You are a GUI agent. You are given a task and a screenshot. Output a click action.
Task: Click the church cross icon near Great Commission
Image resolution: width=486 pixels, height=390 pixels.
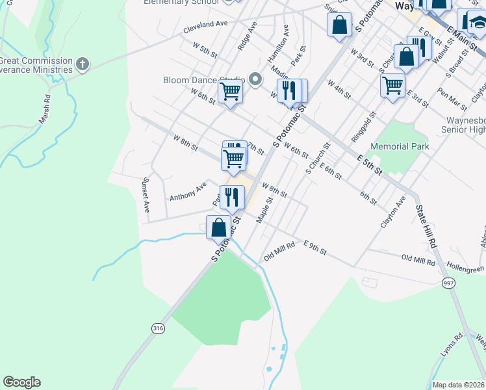[x=82, y=64]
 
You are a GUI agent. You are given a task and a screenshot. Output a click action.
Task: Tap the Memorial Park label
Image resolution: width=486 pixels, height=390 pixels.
[x=400, y=146]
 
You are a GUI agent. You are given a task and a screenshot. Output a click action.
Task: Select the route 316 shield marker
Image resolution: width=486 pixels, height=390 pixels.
[x=158, y=329]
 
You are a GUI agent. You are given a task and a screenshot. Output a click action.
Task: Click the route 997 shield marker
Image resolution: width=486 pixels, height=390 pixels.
[x=448, y=283]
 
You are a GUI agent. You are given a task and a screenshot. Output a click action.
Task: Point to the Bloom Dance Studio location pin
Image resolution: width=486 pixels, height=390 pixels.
[x=255, y=80]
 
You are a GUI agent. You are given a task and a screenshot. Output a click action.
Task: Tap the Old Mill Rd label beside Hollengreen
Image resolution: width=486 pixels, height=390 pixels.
[x=418, y=260]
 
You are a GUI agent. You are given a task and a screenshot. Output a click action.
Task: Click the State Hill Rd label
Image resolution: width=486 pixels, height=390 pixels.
[x=426, y=227]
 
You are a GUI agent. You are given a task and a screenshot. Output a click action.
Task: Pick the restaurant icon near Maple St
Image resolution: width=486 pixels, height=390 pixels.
[x=232, y=196]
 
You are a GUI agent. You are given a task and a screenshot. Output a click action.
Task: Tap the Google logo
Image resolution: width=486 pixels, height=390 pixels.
[x=21, y=382]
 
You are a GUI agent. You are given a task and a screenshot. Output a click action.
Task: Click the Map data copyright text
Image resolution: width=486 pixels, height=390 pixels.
[x=458, y=385]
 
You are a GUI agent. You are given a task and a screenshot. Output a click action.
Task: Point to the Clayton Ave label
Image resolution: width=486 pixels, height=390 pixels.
[x=392, y=212]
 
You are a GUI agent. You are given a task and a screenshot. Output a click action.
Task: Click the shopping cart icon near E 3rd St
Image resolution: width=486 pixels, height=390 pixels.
[x=392, y=84]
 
